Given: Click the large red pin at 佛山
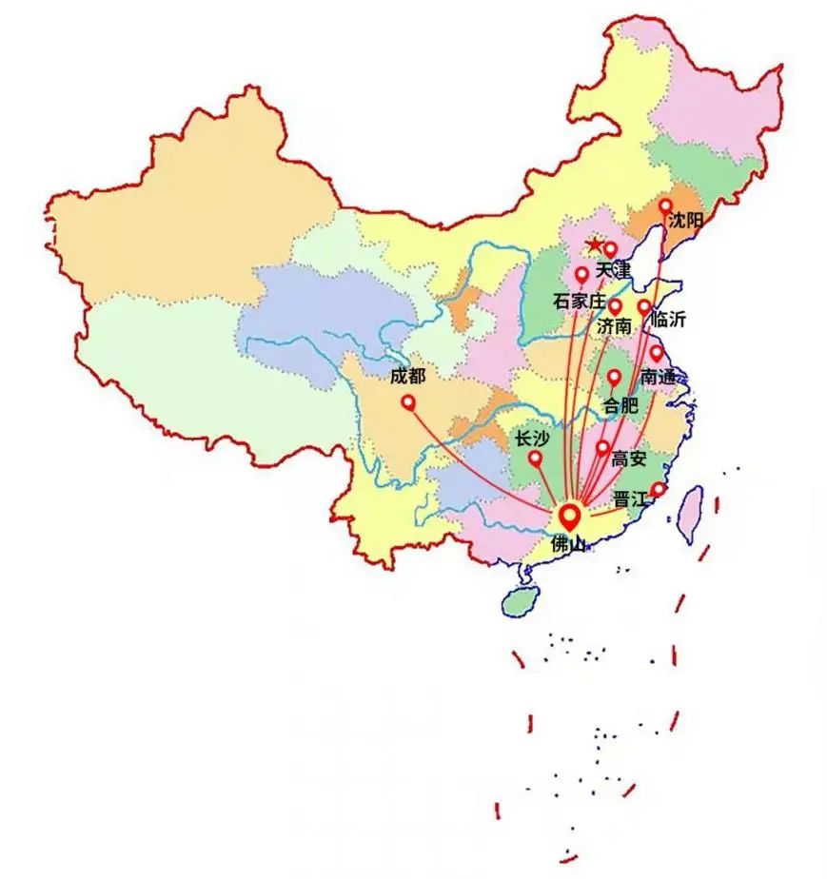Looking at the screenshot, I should pyautogui.click(x=570, y=517).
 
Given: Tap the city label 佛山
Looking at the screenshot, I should pyautogui.click(x=570, y=546).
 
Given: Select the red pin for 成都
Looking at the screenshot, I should pyautogui.click(x=408, y=402).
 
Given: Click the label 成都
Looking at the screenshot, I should pyautogui.click(x=407, y=377).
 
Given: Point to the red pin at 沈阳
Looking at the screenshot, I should pyautogui.click(x=665, y=205).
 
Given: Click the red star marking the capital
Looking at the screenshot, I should pyautogui.click(x=594, y=245).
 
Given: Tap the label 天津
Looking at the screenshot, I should pyautogui.click(x=613, y=271).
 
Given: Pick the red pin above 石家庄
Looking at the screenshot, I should pyautogui.click(x=581, y=275).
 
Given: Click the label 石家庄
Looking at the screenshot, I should pyautogui.click(x=579, y=302).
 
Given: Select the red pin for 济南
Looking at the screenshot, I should pyautogui.click(x=615, y=306).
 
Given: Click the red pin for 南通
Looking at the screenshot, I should pyautogui.click(x=656, y=353).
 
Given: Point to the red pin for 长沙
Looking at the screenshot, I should pyautogui.click(x=535, y=458).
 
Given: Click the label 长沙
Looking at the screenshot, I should pyautogui.click(x=531, y=439).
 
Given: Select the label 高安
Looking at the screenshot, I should pyautogui.click(x=629, y=459).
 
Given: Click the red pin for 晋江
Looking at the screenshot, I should pyautogui.click(x=658, y=490).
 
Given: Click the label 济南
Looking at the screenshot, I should pyautogui.click(x=614, y=326).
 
